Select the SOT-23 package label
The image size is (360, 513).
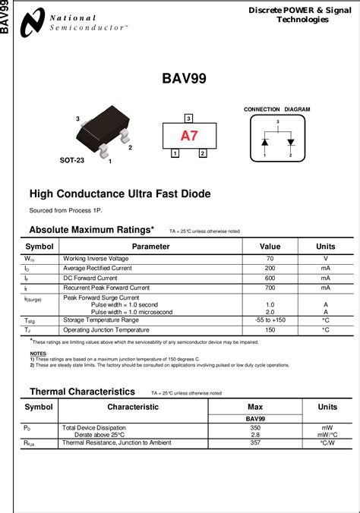coord(72,161)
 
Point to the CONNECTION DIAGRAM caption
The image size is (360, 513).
coord(276,109)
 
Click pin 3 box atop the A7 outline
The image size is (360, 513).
coord(188,118)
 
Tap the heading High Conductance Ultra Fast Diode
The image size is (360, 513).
coord(119,194)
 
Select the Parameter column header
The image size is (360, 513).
coord(150,247)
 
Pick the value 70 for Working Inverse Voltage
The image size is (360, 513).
coord(270,259)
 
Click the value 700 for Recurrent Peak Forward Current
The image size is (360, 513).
coord(270,288)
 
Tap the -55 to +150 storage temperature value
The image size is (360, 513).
coord(270,320)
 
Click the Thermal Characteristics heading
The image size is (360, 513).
coord(82,392)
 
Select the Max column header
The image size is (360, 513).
coord(255,407)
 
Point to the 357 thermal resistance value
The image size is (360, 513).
coord(255,442)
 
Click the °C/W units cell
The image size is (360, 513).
coord(327,442)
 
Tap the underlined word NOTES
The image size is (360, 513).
coord(38,354)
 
